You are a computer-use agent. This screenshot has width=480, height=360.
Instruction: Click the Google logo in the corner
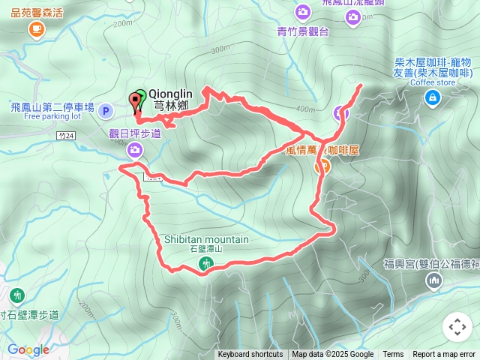28,349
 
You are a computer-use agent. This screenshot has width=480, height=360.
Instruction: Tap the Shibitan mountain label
206,240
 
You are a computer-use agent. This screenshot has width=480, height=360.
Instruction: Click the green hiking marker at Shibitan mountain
206,264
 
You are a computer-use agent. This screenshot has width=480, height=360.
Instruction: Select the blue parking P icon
106,112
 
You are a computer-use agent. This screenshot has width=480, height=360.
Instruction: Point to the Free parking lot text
52,117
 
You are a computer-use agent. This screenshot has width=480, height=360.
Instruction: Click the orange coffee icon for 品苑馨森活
35,29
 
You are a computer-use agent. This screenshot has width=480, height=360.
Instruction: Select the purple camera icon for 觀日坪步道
135,151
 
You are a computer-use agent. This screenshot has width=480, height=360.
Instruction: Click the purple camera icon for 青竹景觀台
302,12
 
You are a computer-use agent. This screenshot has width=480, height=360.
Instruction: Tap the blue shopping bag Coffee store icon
433,98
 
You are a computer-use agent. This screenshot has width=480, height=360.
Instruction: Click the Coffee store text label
433,83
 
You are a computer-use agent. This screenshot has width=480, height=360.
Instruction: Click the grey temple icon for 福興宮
433,281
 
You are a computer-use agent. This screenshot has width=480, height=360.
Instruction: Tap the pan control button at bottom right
457,327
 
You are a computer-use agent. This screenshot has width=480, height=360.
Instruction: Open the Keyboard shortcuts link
250,355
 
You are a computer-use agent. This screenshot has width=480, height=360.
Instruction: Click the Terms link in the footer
393,355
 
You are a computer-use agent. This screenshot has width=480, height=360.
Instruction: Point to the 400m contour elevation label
306,109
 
